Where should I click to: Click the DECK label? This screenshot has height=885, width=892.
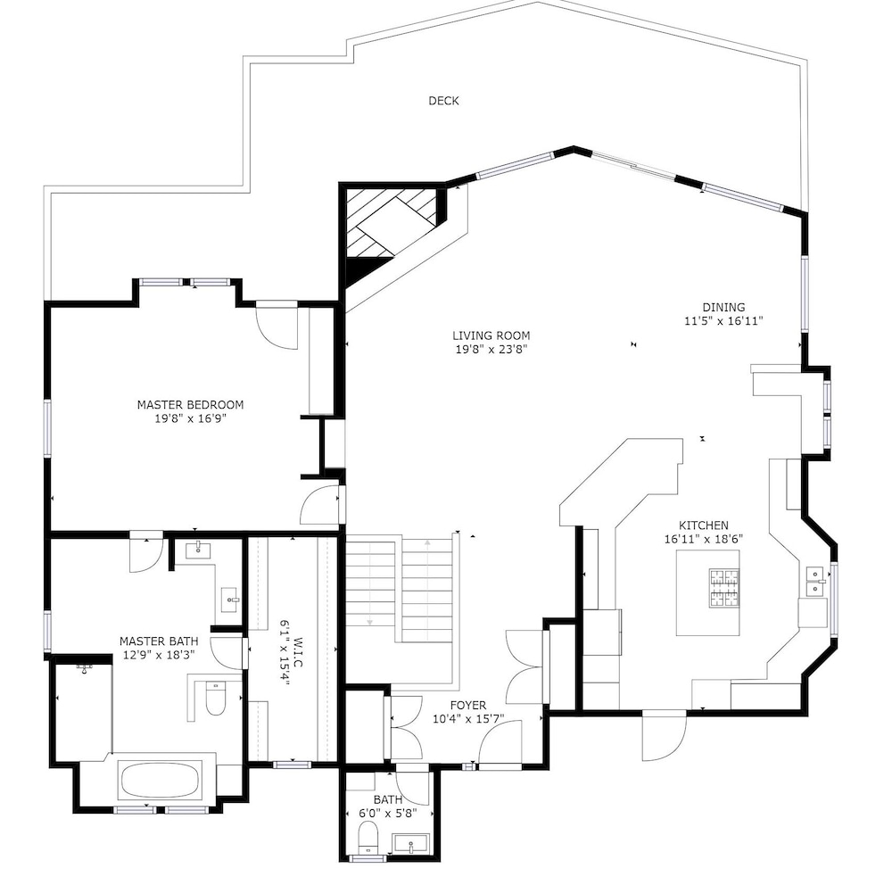pyautogui.click(x=443, y=101)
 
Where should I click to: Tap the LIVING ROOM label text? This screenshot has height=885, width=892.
pyautogui.click(x=491, y=335)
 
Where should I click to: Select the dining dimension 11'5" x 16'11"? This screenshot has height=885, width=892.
pyautogui.click(x=723, y=321)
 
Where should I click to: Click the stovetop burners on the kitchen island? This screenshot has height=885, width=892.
pyautogui.click(x=724, y=587)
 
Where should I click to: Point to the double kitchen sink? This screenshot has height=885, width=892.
pyautogui.click(x=816, y=581)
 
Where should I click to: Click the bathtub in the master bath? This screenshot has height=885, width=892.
pyautogui.click(x=160, y=781)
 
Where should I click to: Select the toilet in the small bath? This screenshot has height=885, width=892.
pyautogui.click(x=368, y=838)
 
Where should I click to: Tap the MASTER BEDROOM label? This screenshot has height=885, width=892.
pyautogui.click(x=190, y=405)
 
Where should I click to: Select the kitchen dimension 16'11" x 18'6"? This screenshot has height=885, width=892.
pyautogui.click(x=704, y=539)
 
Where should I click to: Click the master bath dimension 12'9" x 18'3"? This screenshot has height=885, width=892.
pyautogui.click(x=159, y=655)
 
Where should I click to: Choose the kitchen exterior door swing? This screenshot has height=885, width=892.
pyautogui.click(x=664, y=735)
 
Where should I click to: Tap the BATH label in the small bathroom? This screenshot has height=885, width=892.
pyautogui.click(x=387, y=799)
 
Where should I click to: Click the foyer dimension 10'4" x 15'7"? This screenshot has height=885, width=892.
pyautogui.click(x=468, y=719)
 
